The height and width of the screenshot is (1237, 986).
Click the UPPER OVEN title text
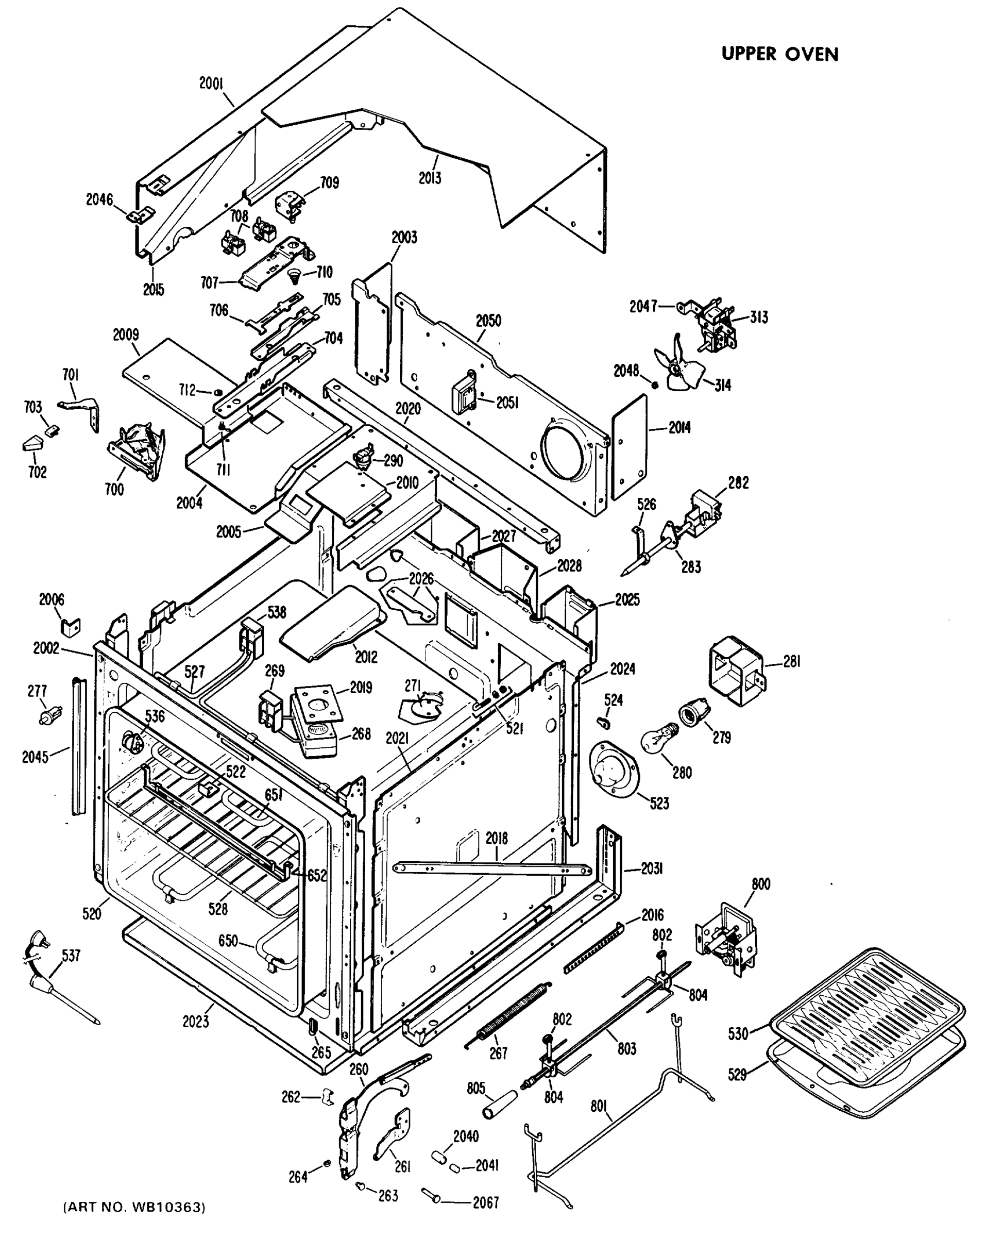point(779,54)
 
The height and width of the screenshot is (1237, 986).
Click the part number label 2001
point(211,84)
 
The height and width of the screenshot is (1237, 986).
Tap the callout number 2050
point(488,321)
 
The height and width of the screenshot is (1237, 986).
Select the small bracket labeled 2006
point(71,627)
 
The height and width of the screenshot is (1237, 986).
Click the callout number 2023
point(196,1021)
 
